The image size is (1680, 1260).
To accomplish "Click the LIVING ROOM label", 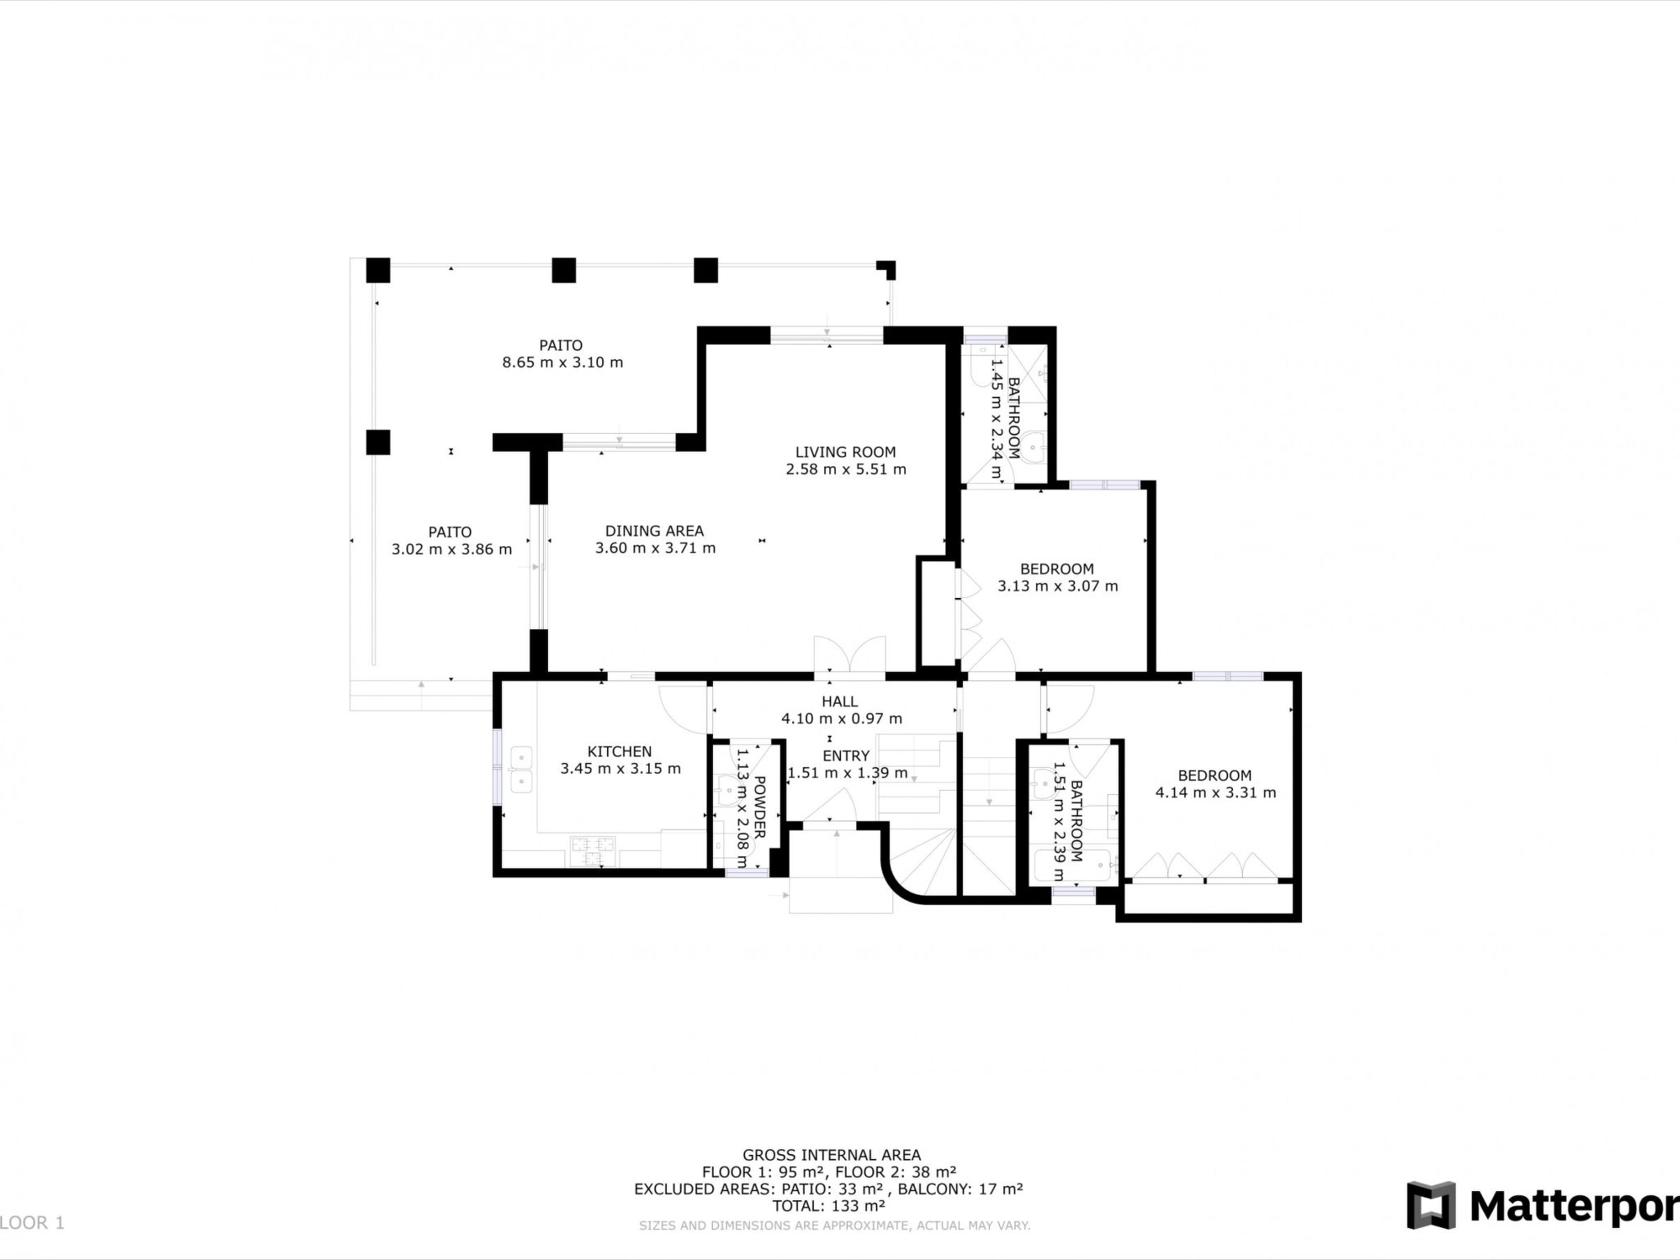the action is pos(845,452).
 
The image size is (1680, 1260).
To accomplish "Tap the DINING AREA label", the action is pos(655,532).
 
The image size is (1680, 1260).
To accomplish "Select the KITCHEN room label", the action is pos(619,751).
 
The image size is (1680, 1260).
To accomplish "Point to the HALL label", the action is pos(840,701).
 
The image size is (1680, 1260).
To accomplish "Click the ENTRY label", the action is pos(846,756).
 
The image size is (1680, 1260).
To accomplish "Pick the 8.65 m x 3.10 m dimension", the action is pos(563,363).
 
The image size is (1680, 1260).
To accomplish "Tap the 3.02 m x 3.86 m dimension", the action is pos(452,550).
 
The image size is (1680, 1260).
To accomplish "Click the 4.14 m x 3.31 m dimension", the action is pos(1216,793).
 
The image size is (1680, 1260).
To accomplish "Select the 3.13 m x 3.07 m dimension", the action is pos(1057,587).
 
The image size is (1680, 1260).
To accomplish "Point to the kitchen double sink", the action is pos(521,770).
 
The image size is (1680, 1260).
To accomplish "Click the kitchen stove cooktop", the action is pos(593,851).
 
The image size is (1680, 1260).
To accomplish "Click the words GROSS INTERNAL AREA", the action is pos(832,1156).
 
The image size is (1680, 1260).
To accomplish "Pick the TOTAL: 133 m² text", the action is pos(829,1206).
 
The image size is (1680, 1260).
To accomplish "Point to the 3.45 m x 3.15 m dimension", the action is pos(621,769).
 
